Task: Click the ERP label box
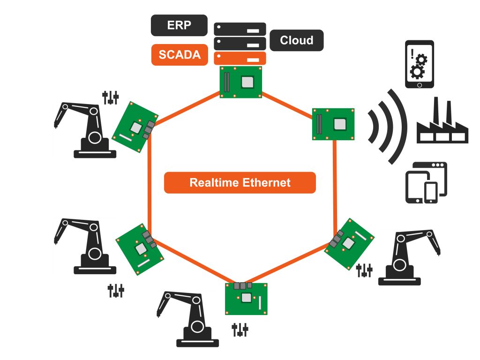[180, 25]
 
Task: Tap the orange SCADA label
[180, 54]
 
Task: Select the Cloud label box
[296, 40]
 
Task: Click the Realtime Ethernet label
[240, 183]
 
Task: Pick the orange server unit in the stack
[240, 58]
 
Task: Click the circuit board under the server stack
[240, 82]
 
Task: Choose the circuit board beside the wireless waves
[333, 124]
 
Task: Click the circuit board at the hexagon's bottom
[246, 299]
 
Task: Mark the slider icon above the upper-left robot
[111, 97]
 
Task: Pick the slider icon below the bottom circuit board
[240, 330]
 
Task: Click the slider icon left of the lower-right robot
[364, 270]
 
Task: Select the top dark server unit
[240, 29]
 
